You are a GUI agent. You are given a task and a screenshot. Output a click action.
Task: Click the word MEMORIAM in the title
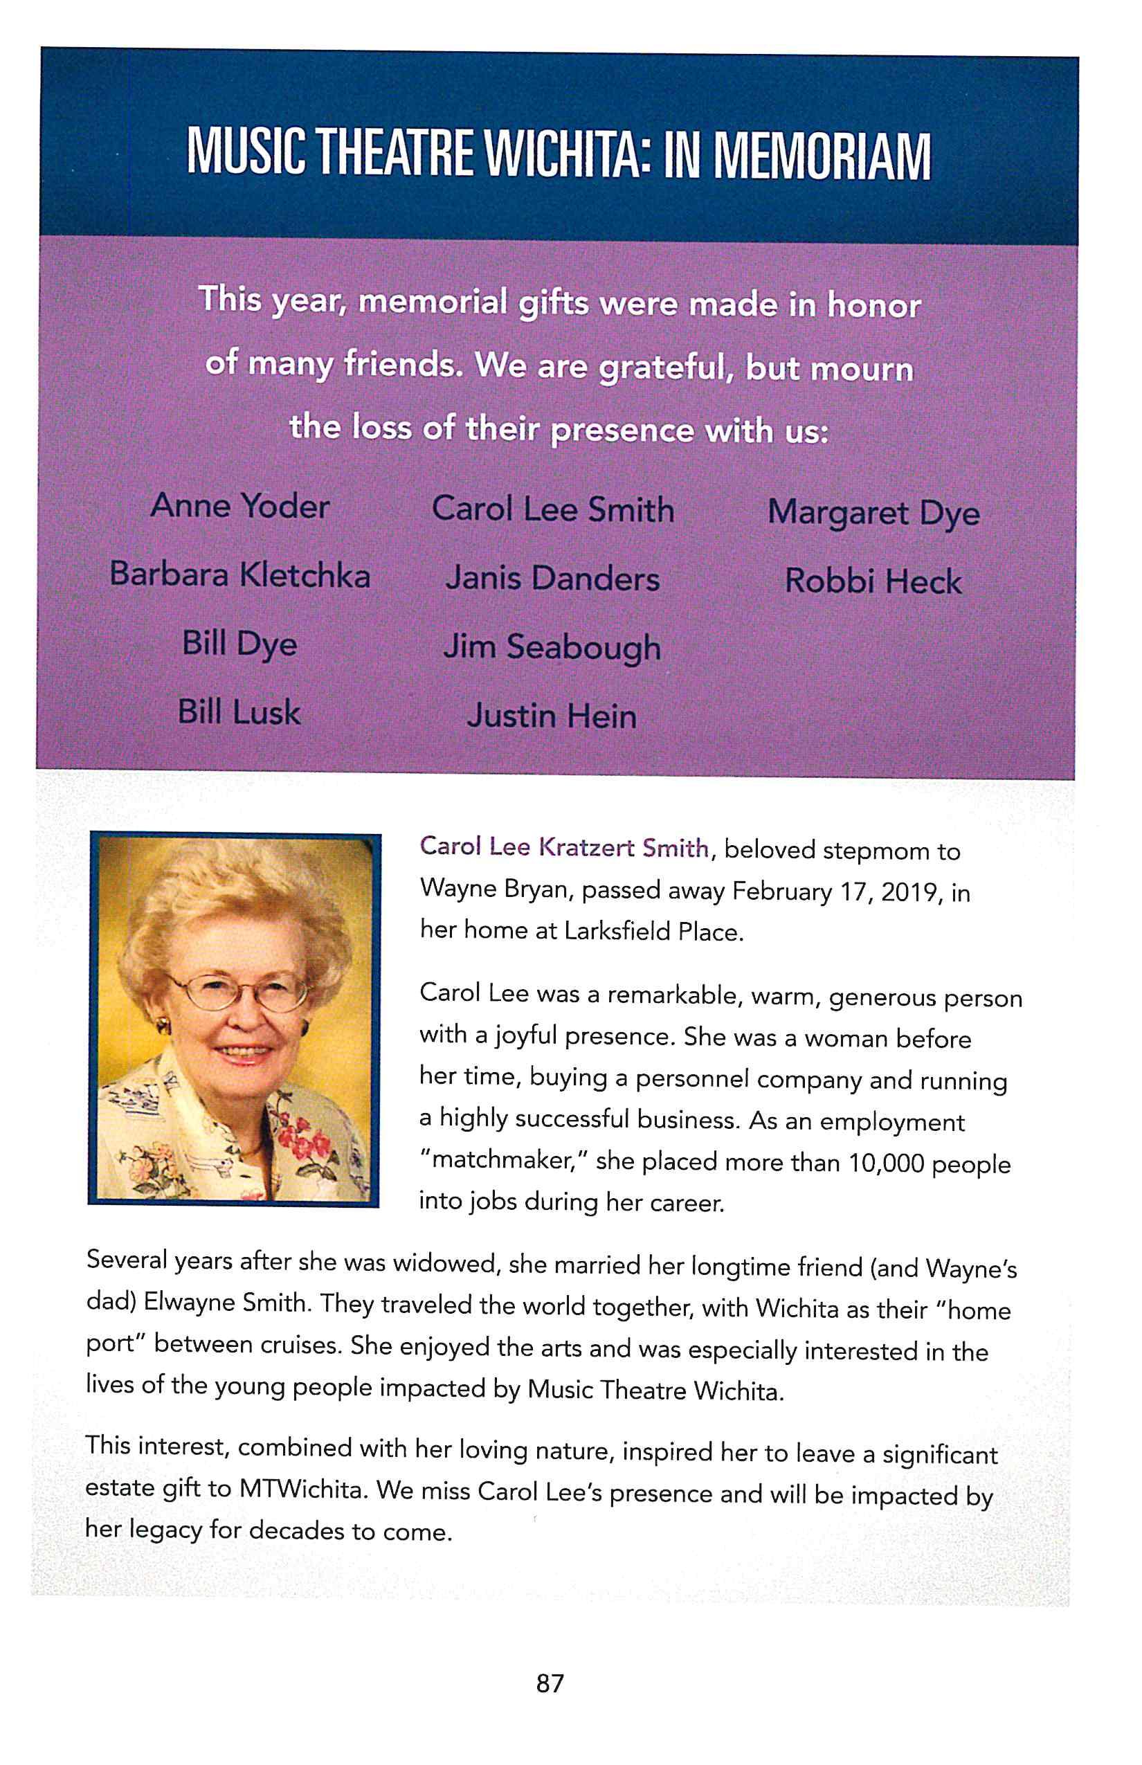click(x=822, y=156)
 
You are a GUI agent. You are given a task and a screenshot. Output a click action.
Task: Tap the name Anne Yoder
click(x=239, y=507)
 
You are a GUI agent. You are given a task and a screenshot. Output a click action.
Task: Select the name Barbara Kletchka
click(x=239, y=574)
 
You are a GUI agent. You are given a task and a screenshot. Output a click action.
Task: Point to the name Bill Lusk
click(x=239, y=713)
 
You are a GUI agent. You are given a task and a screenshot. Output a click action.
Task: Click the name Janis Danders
click(x=552, y=579)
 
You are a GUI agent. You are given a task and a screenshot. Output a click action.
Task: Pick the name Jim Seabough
click(x=552, y=647)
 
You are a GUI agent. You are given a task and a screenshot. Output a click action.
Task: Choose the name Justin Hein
click(x=552, y=716)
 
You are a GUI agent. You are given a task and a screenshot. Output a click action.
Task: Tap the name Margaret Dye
click(x=873, y=513)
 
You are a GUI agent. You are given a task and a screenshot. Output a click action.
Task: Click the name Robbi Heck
click(x=873, y=581)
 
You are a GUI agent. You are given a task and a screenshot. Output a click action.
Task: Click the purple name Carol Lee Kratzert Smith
click(x=563, y=848)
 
